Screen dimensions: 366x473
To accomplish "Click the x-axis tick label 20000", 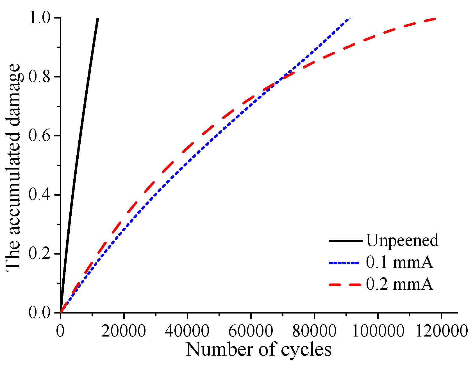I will point(124,331).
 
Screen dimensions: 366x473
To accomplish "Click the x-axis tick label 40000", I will point(187,331).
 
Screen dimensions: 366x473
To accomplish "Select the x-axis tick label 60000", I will point(251,331).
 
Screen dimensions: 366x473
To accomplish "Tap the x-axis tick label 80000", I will point(314,331).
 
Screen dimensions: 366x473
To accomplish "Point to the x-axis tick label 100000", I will point(378,331).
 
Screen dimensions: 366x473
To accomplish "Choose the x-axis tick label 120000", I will point(441,331).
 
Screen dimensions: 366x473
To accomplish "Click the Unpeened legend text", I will point(402,241).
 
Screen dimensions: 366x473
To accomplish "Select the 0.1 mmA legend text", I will point(399,263).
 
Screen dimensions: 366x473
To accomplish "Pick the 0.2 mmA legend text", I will point(399,285).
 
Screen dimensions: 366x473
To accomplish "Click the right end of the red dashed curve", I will point(435,19).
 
